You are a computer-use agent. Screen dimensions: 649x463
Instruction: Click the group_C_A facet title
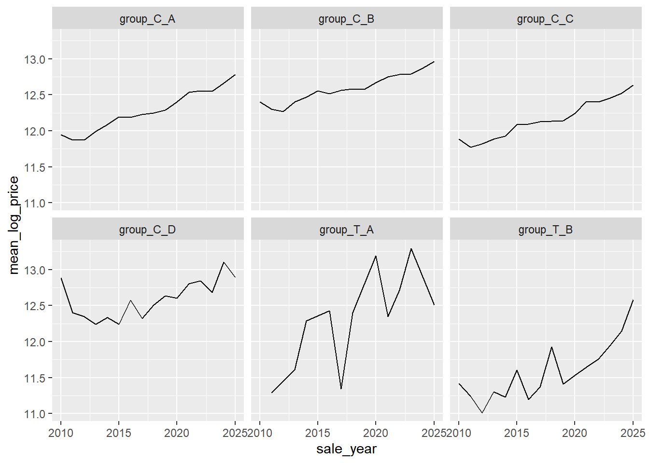click(x=147, y=19)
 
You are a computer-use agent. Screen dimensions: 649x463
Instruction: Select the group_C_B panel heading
click(x=347, y=19)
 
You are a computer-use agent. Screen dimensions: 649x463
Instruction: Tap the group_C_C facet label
click(x=545, y=19)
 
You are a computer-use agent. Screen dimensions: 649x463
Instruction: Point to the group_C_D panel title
click(x=147, y=230)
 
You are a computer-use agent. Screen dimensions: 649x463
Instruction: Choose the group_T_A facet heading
click(x=347, y=230)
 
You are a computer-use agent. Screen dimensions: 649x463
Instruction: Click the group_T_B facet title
click(x=546, y=230)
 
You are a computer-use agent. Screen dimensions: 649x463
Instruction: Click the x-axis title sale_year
click(x=347, y=449)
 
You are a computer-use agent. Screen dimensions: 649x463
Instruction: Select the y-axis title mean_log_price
click(x=14, y=225)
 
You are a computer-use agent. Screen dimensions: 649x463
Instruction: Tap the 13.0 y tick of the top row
click(x=34, y=60)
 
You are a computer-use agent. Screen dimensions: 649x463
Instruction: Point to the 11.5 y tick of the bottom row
click(x=34, y=378)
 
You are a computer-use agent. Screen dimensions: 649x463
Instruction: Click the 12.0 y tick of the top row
click(x=34, y=131)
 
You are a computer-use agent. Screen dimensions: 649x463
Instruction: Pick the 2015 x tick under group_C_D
click(x=118, y=433)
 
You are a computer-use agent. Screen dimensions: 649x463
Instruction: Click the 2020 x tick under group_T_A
click(x=376, y=433)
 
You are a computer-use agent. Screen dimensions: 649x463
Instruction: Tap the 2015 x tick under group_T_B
click(x=517, y=433)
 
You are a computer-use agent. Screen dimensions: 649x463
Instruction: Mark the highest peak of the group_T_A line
click(x=411, y=248)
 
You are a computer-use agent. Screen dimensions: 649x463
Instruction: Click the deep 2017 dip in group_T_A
click(x=341, y=389)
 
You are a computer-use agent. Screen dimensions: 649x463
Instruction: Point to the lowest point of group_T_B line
click(x=482, y=413)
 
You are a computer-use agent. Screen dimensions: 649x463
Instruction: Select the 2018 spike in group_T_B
click(x=551, y=347)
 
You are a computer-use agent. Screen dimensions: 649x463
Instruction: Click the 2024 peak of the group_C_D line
click(x=224, y=262)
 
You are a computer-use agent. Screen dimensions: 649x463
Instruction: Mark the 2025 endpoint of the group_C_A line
click(x=235, y=75)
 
